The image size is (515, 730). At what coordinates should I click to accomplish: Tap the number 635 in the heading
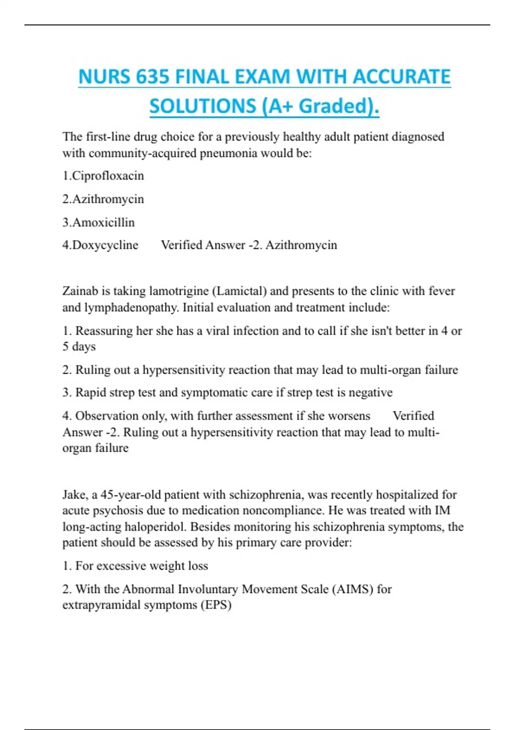coord(152,77)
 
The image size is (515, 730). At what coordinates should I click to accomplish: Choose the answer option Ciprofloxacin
coord(108,176)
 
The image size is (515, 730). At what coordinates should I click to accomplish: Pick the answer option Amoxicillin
coord(103,222)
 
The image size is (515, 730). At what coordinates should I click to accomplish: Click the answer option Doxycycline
coord(105,245)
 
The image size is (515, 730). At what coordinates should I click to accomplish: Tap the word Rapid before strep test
coord(90,392)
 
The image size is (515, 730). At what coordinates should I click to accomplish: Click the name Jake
coord(74,495)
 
